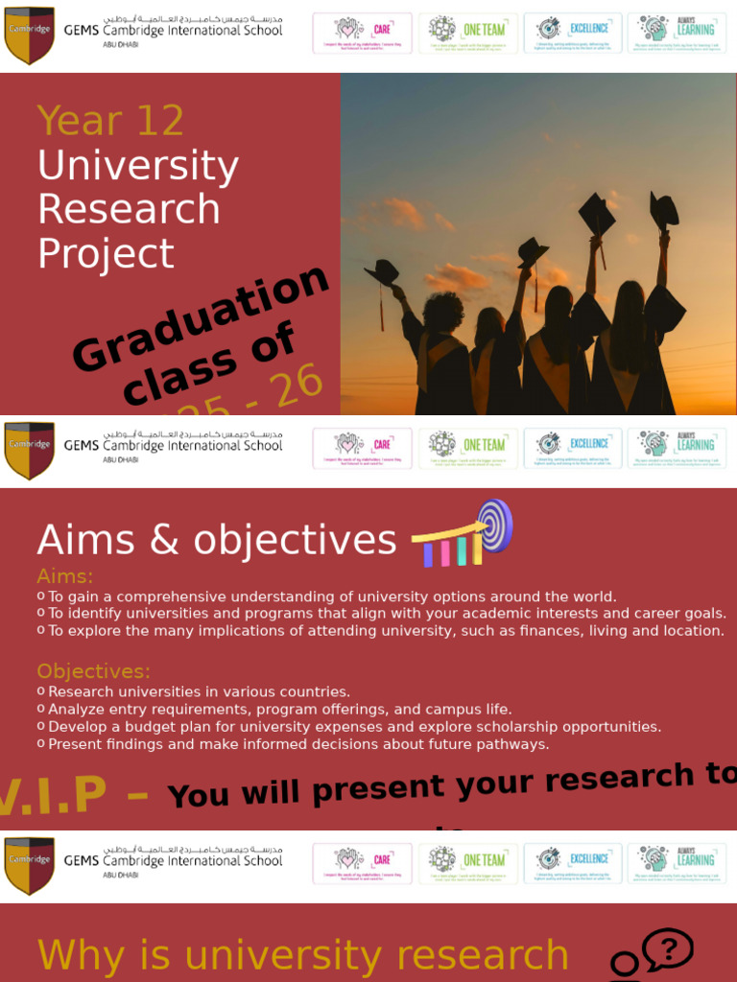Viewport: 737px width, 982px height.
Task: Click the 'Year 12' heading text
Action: [110, 121]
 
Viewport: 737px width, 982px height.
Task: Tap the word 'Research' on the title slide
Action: [129, 209]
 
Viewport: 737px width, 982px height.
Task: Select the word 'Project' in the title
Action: [106, 253]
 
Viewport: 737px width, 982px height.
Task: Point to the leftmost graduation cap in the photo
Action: [382, 271]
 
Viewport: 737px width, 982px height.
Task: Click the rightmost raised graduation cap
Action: [663, 211]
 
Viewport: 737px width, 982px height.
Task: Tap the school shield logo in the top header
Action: [29, 35]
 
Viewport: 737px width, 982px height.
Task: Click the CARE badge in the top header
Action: [362, 34]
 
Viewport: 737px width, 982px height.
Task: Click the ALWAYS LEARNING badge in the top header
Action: [678, 34]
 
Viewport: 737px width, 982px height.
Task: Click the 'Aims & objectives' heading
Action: [216, 540]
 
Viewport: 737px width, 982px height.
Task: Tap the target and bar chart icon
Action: [464, 535]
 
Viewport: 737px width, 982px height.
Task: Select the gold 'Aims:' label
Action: [65, 576]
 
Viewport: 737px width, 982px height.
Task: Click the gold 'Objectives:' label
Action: [94, 671]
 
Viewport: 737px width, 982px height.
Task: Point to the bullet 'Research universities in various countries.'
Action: [199, 691]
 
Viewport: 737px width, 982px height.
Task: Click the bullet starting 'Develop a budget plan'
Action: [354, 727]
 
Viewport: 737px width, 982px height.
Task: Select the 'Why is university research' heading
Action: [302, 955]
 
